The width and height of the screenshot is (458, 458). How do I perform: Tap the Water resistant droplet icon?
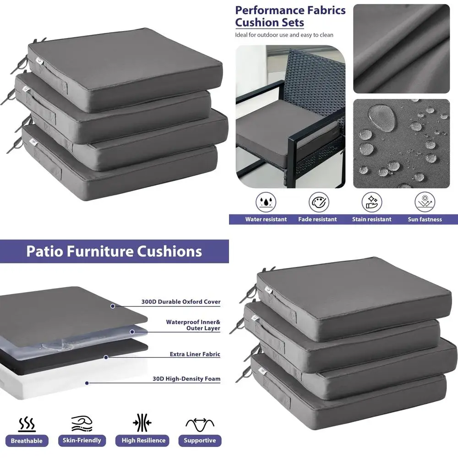click(x=266, y=202)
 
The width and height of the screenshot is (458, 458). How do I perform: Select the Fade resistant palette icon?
click(x=319, y=202)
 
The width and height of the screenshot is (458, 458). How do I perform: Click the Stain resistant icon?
click(x=372, y=202)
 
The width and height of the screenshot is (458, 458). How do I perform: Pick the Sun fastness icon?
click(x=425, y=202)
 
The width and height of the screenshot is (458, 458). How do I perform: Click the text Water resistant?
click(x=266, y=219)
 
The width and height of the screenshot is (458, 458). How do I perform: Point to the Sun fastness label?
click(x=425, y=219)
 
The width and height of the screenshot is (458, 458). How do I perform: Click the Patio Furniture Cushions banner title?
click(x=114, y=251)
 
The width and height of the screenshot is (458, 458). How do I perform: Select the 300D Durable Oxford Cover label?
click(x=181, y=302)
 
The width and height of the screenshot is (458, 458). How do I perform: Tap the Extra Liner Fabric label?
click(x=195, y=354)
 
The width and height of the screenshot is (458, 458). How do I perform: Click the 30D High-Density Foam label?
click(x=186, y=379)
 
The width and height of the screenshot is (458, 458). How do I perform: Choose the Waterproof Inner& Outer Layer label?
click(x=193, y=325)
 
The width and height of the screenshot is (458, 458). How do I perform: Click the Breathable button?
click(x=27, y=441)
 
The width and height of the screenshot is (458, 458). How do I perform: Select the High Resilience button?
click(x=143, y=441)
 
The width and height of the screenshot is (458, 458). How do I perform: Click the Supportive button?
click(x=200, y=441)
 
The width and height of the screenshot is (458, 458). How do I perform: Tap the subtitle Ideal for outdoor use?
click(x=284, y=35)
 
